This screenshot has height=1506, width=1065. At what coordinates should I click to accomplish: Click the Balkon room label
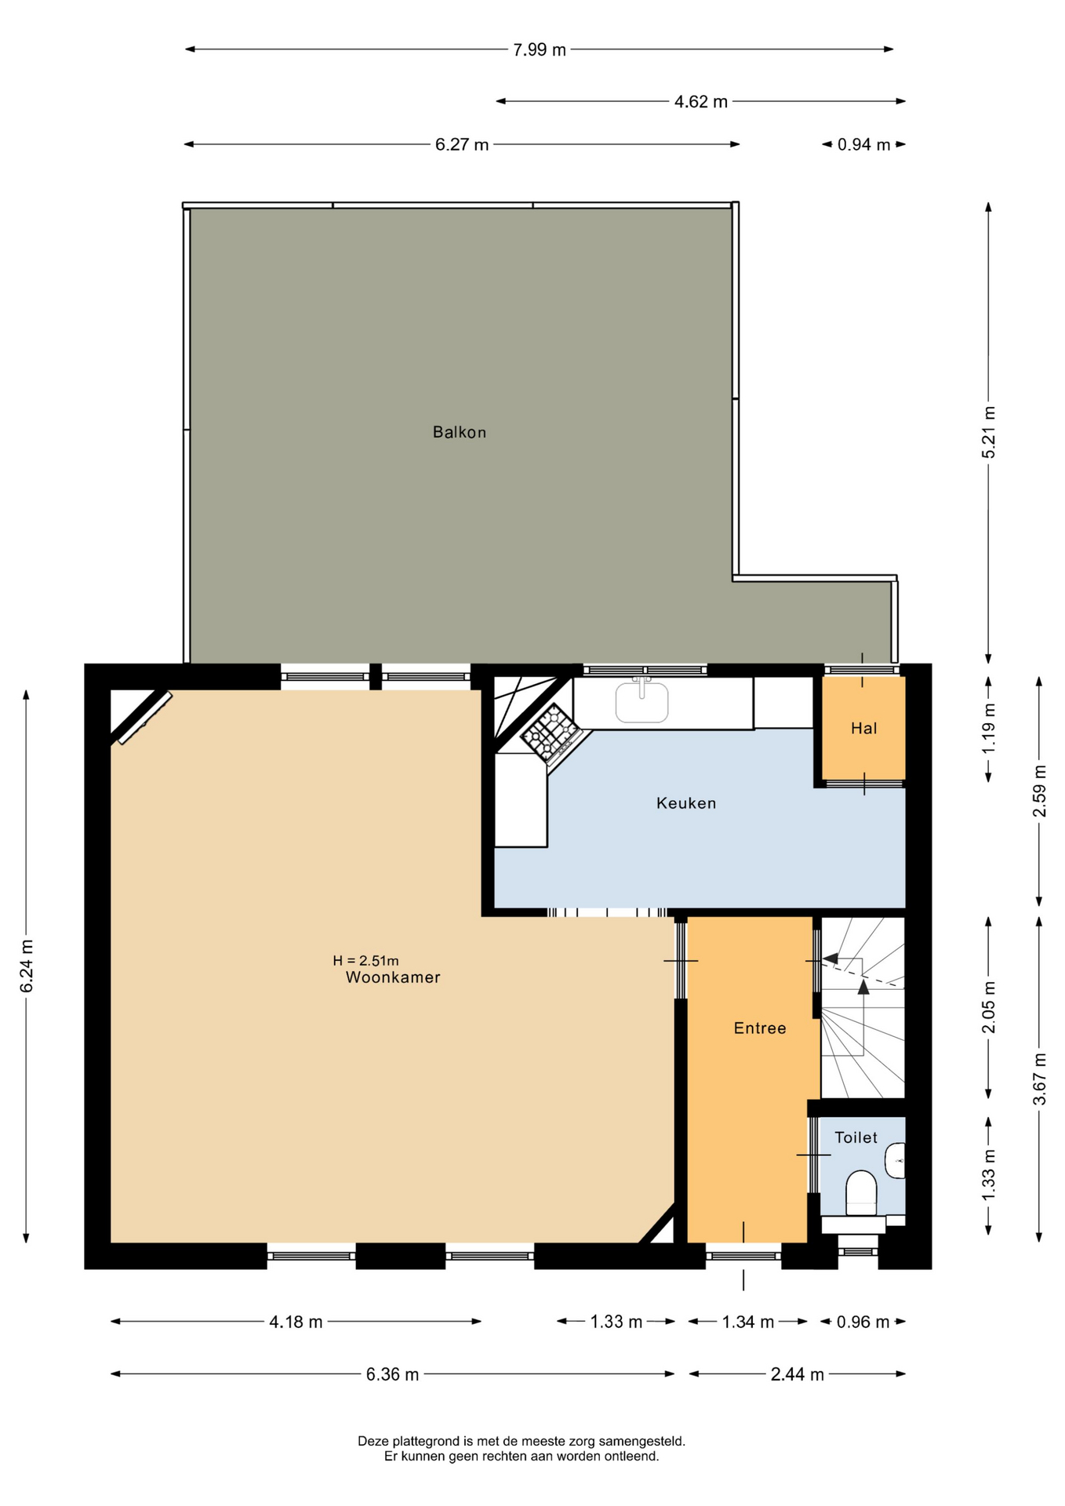pos(460,432)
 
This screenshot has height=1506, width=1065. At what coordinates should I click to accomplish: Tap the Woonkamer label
pos(393,977)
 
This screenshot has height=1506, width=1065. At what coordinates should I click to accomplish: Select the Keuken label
pos(686,803)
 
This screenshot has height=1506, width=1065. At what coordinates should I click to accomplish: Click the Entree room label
pos(760,1028)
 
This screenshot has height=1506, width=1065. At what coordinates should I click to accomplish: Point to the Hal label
pos(863,729)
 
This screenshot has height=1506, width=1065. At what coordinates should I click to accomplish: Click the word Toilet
pos(856,1137)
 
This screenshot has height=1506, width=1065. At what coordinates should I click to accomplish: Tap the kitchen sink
pos(642,700)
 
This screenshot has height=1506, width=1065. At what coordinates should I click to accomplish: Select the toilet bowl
pos(861,1193)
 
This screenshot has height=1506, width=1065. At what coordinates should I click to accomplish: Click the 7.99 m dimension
pos(540,50)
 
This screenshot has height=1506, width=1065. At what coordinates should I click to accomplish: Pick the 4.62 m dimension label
pos(701,102)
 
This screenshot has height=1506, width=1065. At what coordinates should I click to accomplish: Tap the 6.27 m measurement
pos(462,145)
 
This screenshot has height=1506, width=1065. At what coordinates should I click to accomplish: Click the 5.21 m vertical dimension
pos(989,432)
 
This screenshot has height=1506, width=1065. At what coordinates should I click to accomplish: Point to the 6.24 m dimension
pos(27,966)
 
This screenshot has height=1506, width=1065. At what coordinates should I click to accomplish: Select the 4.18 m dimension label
pos(296,1322)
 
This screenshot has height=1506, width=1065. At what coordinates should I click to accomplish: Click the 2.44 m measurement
pos(797,1374)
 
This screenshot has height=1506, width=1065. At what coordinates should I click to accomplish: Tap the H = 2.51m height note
pos(365,961)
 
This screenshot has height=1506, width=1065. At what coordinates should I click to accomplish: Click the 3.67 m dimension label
pos(1040,1078)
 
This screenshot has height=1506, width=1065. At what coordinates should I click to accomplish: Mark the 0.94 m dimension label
pos(863,145)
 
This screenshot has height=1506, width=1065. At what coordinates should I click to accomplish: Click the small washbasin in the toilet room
pos(895,1161)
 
